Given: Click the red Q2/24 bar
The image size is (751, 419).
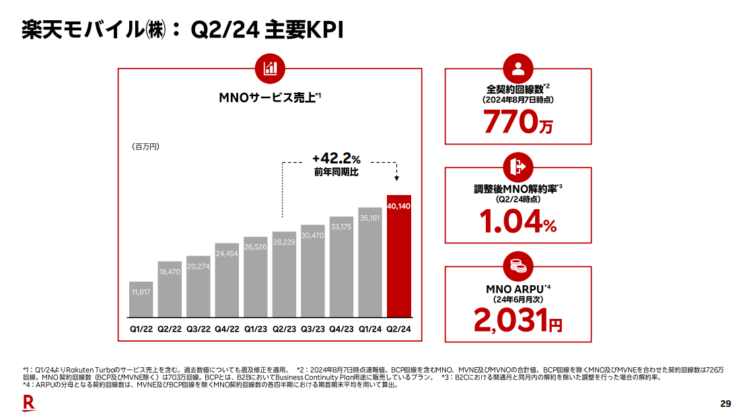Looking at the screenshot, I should [x=399, y=256].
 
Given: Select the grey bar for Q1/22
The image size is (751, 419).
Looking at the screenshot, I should [x=141, y=299].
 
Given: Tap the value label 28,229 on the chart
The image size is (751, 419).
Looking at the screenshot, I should [x=285, y=241].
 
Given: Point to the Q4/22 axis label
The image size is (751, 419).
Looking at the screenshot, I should [x=227, y=329].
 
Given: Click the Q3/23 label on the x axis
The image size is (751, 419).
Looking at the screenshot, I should [x=313, y=329].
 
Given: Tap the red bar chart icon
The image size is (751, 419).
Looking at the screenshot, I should [x=271, y=67].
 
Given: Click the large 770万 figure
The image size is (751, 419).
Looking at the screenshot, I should [x=517, y=122].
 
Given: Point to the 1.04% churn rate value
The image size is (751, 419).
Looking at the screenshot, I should [x=517, y=221].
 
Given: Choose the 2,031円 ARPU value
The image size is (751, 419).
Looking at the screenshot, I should [x=517, y=321].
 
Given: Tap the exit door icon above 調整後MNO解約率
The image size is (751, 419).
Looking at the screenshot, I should [x=517, y=167].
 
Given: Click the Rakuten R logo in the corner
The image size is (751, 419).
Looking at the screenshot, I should [x=29, y=403].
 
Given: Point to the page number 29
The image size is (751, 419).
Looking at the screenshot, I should [x=725, y=404].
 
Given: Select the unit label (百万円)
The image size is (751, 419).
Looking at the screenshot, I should [x=145, y=146].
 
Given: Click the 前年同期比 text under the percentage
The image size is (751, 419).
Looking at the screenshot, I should [x=336, y=173].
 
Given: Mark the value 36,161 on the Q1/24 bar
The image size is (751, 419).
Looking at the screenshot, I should [x=370, y=218].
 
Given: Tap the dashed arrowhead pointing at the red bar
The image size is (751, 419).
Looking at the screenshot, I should [x=396, y=179].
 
